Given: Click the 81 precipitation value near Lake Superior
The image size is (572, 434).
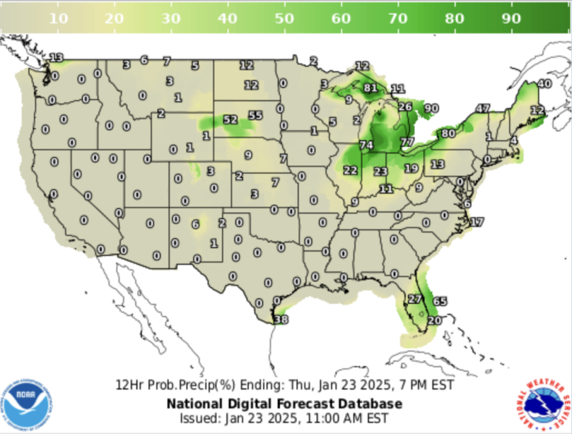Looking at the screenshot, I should (x=371, y=88).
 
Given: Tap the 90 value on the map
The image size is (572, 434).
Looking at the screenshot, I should (x=432, y=109).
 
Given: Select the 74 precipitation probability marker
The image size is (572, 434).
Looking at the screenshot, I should (x=367, y=145).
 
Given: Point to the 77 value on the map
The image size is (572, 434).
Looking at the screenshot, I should (x=407, y=142).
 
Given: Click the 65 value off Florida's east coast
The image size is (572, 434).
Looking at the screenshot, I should (x=440, y=302).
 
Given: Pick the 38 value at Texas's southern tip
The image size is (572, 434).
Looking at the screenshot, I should (x=281, y=319).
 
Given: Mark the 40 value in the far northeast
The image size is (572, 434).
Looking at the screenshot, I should (x=544, y=84).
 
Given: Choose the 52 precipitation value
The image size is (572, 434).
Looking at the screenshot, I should (x=231, y=119).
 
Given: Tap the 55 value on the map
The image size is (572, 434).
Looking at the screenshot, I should (x=255, y=115).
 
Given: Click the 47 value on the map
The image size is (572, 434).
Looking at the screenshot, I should (x=482, y=109).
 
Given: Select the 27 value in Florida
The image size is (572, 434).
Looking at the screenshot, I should (x=415, y=299).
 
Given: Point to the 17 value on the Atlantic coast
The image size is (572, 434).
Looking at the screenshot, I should (x=477, y=222).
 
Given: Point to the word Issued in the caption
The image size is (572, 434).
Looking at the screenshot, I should (x=197, y=418).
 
